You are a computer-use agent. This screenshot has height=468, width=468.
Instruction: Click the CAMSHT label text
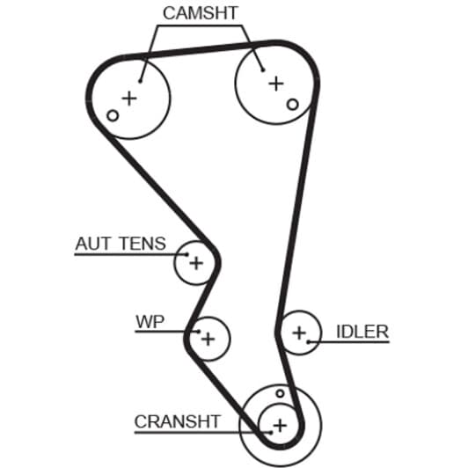click(x=201, y=13)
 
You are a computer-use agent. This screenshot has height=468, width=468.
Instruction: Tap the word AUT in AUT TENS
click(x=93, y=244)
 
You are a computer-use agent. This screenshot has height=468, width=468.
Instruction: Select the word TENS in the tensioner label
click(x=143, y=244)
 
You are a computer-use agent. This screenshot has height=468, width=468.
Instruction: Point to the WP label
click(x=150, y=321)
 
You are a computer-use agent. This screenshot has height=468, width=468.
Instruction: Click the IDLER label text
click(x=362, y=332)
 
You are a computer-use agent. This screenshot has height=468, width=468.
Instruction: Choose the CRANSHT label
click(x=178, y=421)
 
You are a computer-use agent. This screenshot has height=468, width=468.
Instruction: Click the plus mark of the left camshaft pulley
click(x=129, y=99)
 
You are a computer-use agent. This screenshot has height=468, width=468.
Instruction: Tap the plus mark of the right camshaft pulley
click(x=276, y=84)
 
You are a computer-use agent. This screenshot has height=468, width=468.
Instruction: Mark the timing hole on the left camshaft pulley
click(x=113, y=115)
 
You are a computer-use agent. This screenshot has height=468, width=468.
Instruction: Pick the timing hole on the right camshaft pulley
click(x=292, y=105)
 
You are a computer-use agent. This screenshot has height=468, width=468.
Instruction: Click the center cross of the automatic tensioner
click(x=196, y=263)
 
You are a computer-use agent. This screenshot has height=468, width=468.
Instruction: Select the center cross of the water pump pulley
click(x=208, y=339)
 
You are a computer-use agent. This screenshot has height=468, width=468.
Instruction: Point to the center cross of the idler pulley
click(x=299, y=333)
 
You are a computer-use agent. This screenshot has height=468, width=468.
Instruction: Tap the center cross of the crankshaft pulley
click(x=280, y=425)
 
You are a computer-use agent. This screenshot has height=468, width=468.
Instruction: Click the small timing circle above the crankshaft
click(x=280, y=393)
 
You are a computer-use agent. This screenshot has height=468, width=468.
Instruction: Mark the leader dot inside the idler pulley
click(x=309, y=341)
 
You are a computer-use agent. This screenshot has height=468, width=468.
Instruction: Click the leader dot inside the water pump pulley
click(x=199, y=332)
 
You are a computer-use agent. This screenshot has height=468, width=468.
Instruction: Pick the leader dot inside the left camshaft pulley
click(x=140, y=81)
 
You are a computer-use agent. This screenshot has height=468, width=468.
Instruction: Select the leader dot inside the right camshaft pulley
click(x=263, y=70)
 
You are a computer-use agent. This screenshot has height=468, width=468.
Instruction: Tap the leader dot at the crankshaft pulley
click(x=271, y=433)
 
